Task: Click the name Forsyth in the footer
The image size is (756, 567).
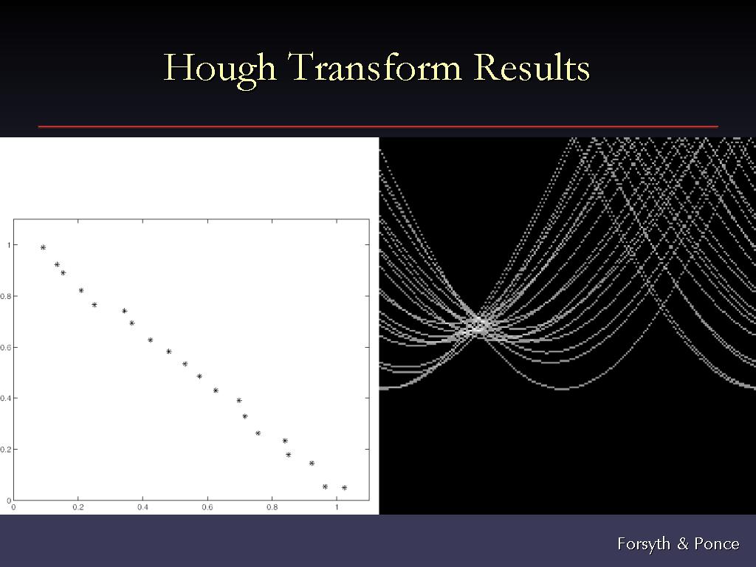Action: click(x=644, y=544)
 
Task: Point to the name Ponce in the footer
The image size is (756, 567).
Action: click(x=717, y=544)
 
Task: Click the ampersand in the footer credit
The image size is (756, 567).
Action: click(x=683, y=544)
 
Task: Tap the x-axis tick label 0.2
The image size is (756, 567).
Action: click(x=78, y=507)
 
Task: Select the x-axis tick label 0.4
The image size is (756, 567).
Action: click(x=142, y=507)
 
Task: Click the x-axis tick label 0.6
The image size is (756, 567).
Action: click(x=207, y=507)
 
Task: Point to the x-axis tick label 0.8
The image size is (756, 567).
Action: click(x=272, y=507)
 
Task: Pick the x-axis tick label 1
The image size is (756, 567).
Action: click(x=337, y=507)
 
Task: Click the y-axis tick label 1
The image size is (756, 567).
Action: click(x=9, y=245)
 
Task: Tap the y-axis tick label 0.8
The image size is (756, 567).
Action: click(x=5, y=296)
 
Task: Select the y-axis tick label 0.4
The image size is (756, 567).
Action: click(x=5, y=398)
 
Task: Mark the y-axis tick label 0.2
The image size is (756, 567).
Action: click(x=5, y=450)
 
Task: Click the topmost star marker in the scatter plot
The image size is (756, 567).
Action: click(x=43, y=247)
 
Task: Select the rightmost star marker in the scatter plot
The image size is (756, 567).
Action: click(x=344, y=488)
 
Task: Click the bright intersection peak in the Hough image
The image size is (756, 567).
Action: click(x=478, y=325)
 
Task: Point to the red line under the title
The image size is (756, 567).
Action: click(x=378, y=126)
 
